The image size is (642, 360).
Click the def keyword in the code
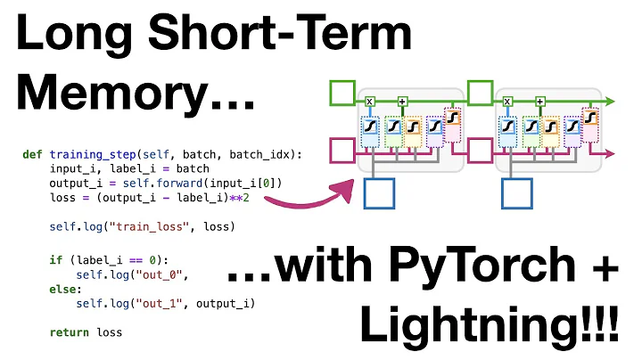pos(32,154)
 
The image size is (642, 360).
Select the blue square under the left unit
pos(380,194)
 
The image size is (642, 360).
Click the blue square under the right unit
pos(517,194)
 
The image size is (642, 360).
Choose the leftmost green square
pos(342,93)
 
